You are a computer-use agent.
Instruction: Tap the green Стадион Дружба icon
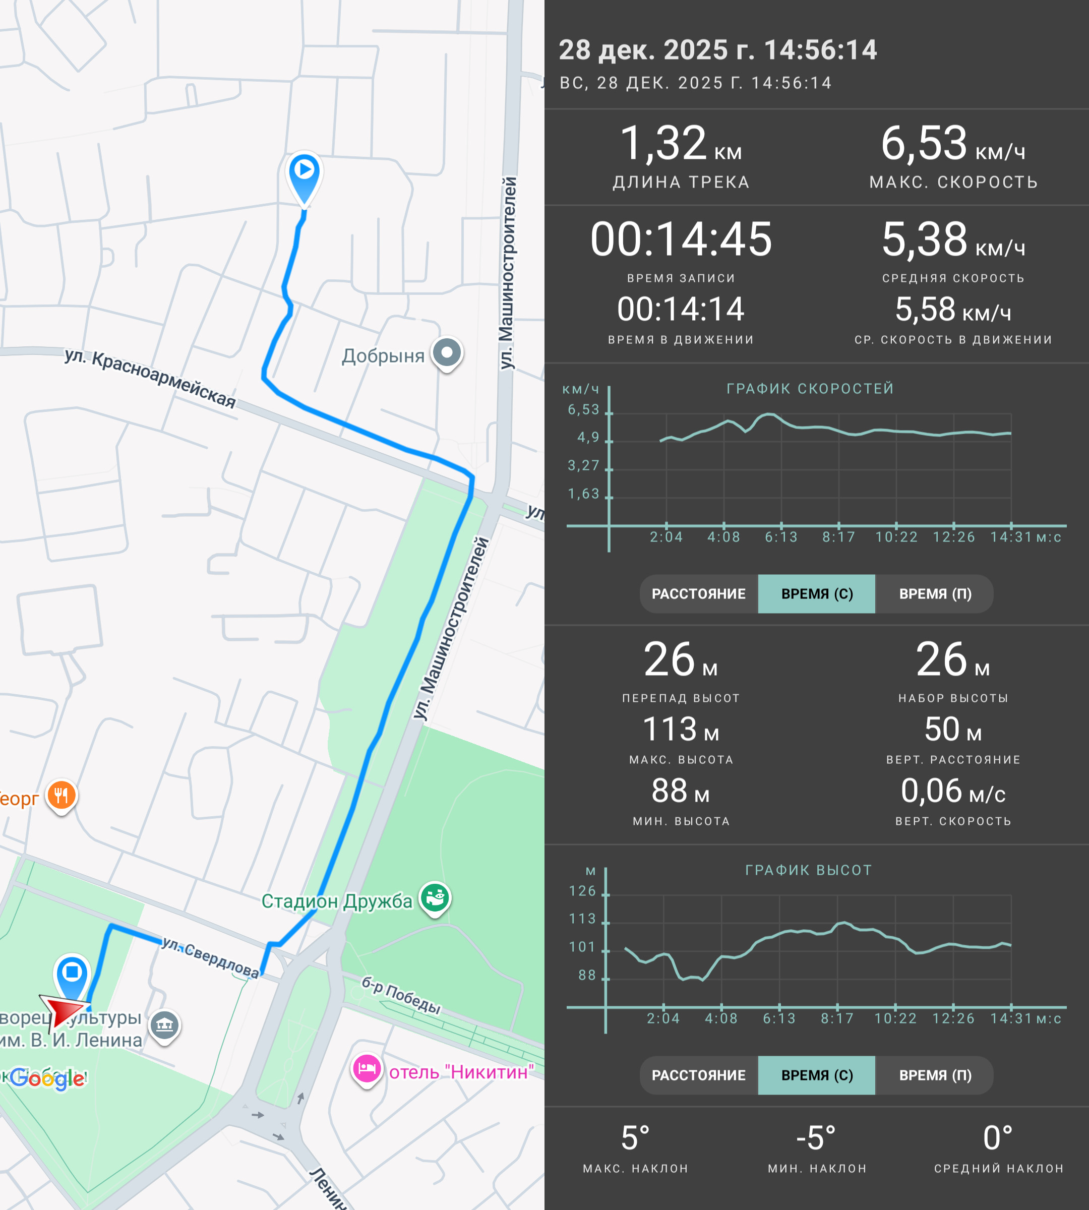pos(435,899)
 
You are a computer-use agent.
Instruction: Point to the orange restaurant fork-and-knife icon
pos(62,797)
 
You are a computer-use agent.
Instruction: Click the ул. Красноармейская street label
pos(150,377)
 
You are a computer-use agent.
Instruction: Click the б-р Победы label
pos(401,995)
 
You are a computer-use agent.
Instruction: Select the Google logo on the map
pos(47,1079)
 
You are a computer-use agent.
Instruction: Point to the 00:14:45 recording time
pos(681,239)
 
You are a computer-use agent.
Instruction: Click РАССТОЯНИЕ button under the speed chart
pos(698,593)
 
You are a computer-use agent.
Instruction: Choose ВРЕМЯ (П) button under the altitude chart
pos(935,1075)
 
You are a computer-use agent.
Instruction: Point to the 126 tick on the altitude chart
pos(582,891)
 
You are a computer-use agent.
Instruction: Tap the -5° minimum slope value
pos(816,1137)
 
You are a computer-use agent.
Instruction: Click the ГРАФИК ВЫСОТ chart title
pos(808,870)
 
